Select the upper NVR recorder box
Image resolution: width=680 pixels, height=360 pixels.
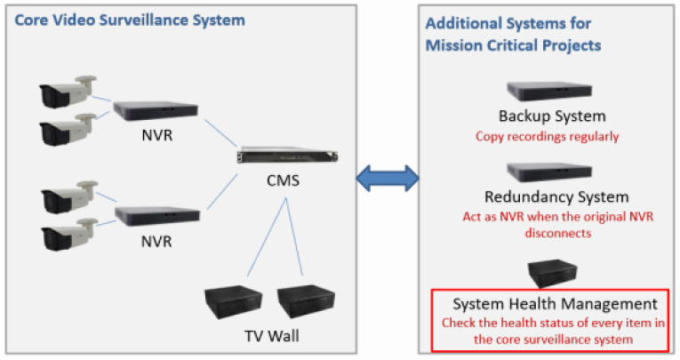pos(156,109)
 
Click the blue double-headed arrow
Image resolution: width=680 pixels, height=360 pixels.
pos(388,177)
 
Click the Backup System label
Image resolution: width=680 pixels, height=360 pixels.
pos(551,116)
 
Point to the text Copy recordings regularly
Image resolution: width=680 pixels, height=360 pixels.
pos(547,137)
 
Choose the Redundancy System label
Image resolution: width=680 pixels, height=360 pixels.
pos(556,196)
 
